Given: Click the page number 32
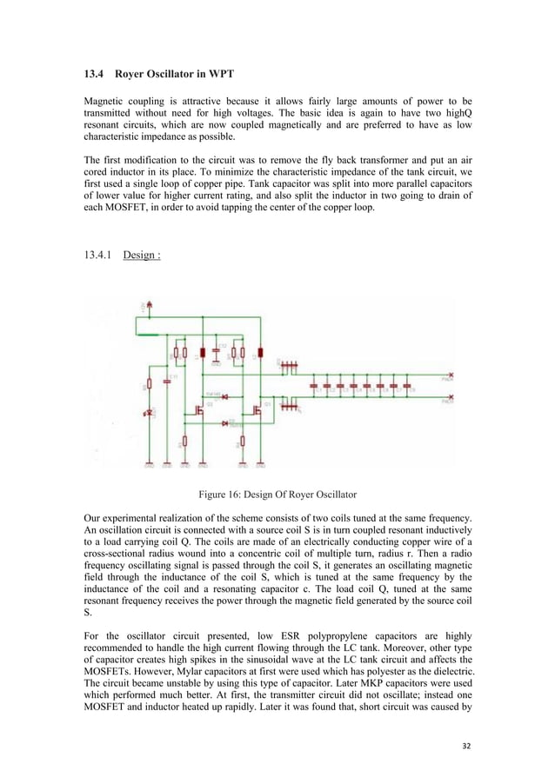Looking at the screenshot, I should [469, 745].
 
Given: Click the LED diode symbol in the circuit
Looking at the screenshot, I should [150, 412].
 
